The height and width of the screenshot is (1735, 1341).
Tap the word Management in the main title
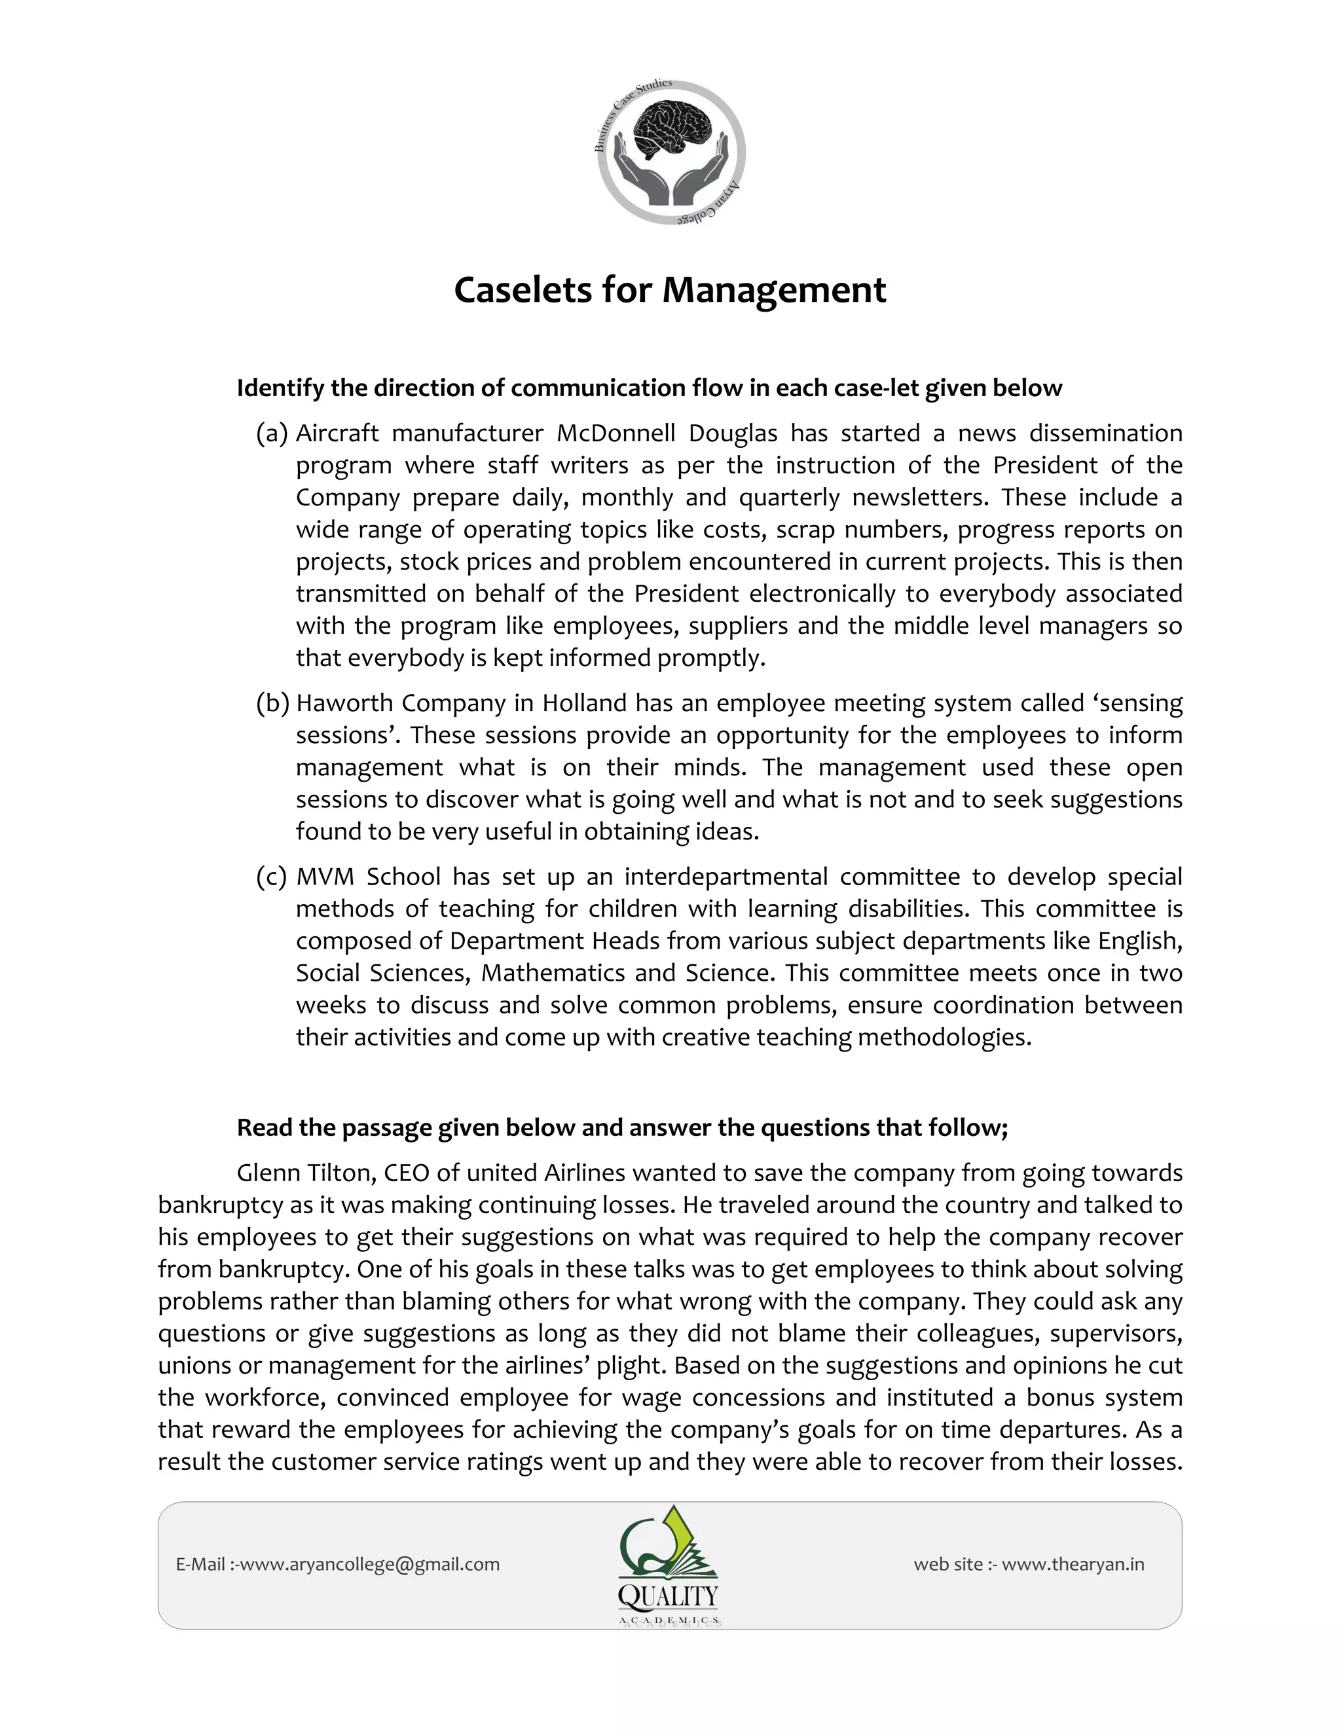tap(774, 290)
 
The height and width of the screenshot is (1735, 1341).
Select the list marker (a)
tap(272, 433)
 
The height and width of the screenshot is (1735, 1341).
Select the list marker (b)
tap(272, 703)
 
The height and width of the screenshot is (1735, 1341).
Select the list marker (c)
tap(272, 877)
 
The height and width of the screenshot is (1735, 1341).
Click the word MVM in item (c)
tap(325, 877)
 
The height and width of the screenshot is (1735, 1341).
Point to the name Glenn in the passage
tap(268, 1173)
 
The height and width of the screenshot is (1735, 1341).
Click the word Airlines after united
tap(584, 1173)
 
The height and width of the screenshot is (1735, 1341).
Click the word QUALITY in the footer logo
tap(668, 1596)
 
